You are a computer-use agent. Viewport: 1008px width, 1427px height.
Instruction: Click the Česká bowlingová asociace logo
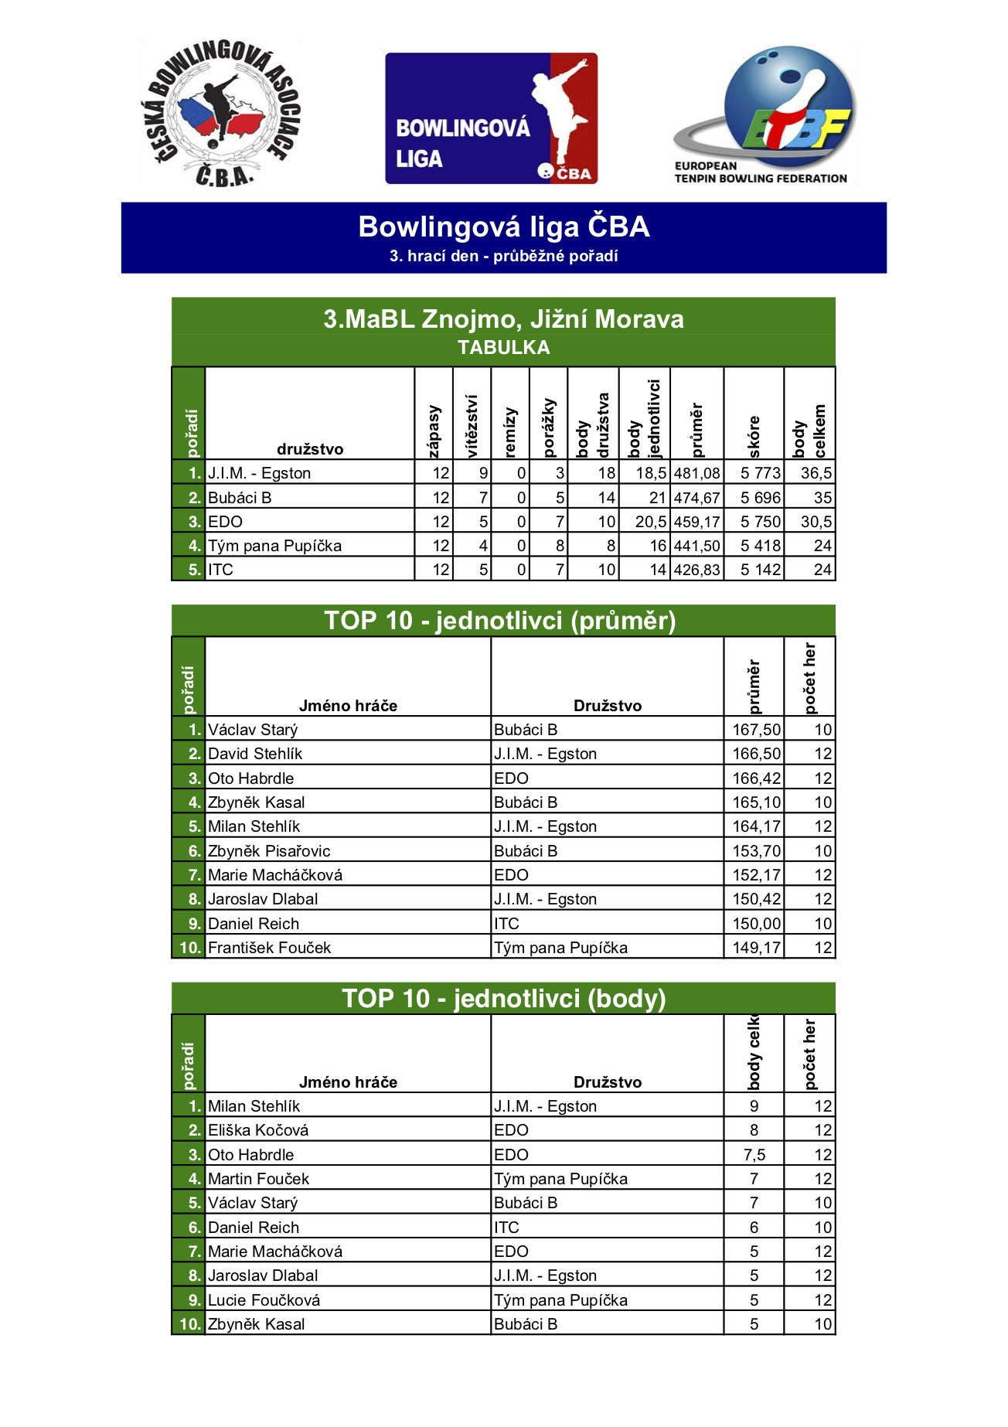click(220, 114)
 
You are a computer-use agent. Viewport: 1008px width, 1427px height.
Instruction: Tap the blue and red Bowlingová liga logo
click(491, 118)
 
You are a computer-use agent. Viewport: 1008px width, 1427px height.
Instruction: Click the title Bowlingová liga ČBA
click(503, 227)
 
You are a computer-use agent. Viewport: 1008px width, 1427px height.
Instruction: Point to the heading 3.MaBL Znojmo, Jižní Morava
click(503, 319)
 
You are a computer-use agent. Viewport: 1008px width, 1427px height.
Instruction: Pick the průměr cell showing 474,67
click(696, 498)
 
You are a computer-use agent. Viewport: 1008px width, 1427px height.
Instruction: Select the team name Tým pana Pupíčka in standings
click(274, 546)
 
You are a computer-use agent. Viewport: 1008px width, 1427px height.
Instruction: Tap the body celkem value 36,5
click(816, 473)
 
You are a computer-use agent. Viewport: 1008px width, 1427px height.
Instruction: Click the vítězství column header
click(472, 425)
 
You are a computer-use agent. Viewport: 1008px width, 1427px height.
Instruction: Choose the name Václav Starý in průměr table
click(253, 730)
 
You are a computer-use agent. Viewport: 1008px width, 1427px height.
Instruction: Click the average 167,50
click(756, 730)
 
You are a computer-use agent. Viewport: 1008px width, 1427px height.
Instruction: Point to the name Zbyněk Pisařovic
click(269, 851)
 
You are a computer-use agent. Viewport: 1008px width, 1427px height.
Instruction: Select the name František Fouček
click(269, 948)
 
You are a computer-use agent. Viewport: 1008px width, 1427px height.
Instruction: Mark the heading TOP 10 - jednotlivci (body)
click(503, 999)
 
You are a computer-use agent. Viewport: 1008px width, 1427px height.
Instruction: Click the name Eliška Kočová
click(258, 1130)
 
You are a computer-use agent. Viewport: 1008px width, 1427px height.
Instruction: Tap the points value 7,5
click(754, 1155)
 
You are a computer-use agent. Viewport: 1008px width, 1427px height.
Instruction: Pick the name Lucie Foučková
click(264, 1300)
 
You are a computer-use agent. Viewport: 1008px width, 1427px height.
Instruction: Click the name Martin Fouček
click(258, 1179)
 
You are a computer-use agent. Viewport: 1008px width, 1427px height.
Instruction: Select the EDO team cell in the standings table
click(225, 522)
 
